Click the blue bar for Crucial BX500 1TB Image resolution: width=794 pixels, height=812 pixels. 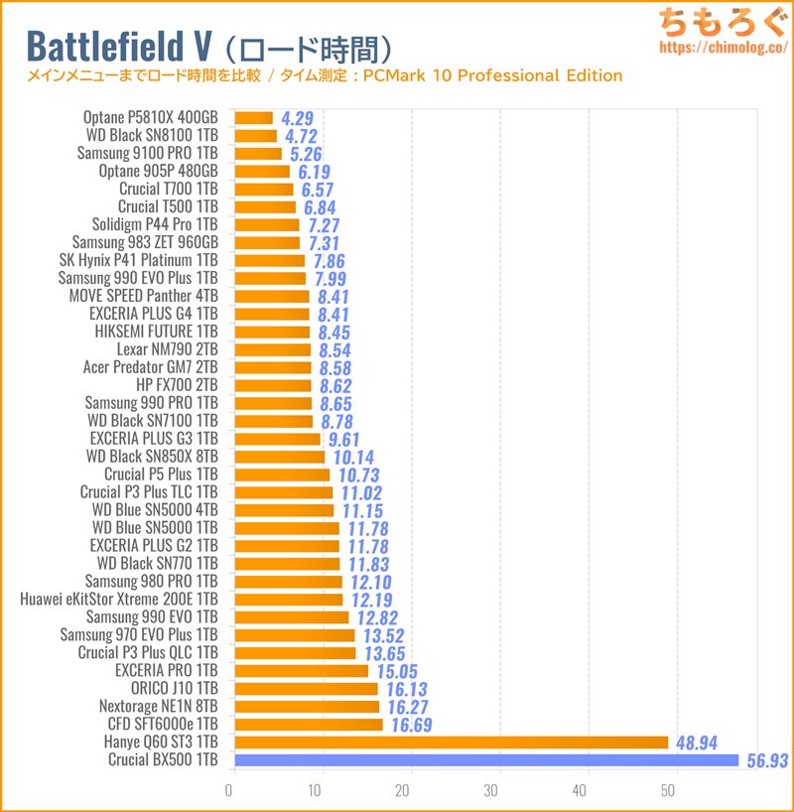[x=486, y=760]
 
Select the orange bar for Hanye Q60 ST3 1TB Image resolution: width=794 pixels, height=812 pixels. [x=452, y=743]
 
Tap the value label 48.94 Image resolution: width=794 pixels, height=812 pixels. [x=697, y=743]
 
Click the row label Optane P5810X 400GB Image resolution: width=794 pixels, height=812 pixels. [x=151, y=117]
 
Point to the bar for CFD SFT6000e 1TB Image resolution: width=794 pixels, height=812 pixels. [x=309, y=725]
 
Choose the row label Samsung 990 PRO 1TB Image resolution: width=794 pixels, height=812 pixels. [x=151, y=403]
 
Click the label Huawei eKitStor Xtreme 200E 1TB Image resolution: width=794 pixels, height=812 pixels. [x=119, y=600]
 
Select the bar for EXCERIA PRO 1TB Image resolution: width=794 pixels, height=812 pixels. [x=301, y=671]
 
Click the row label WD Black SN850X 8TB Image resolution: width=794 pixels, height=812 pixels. [x=152, y=457]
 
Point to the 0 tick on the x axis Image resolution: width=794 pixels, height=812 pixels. [x=229, y=791]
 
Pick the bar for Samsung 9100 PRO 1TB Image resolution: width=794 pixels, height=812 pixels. [x=258, y=153]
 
